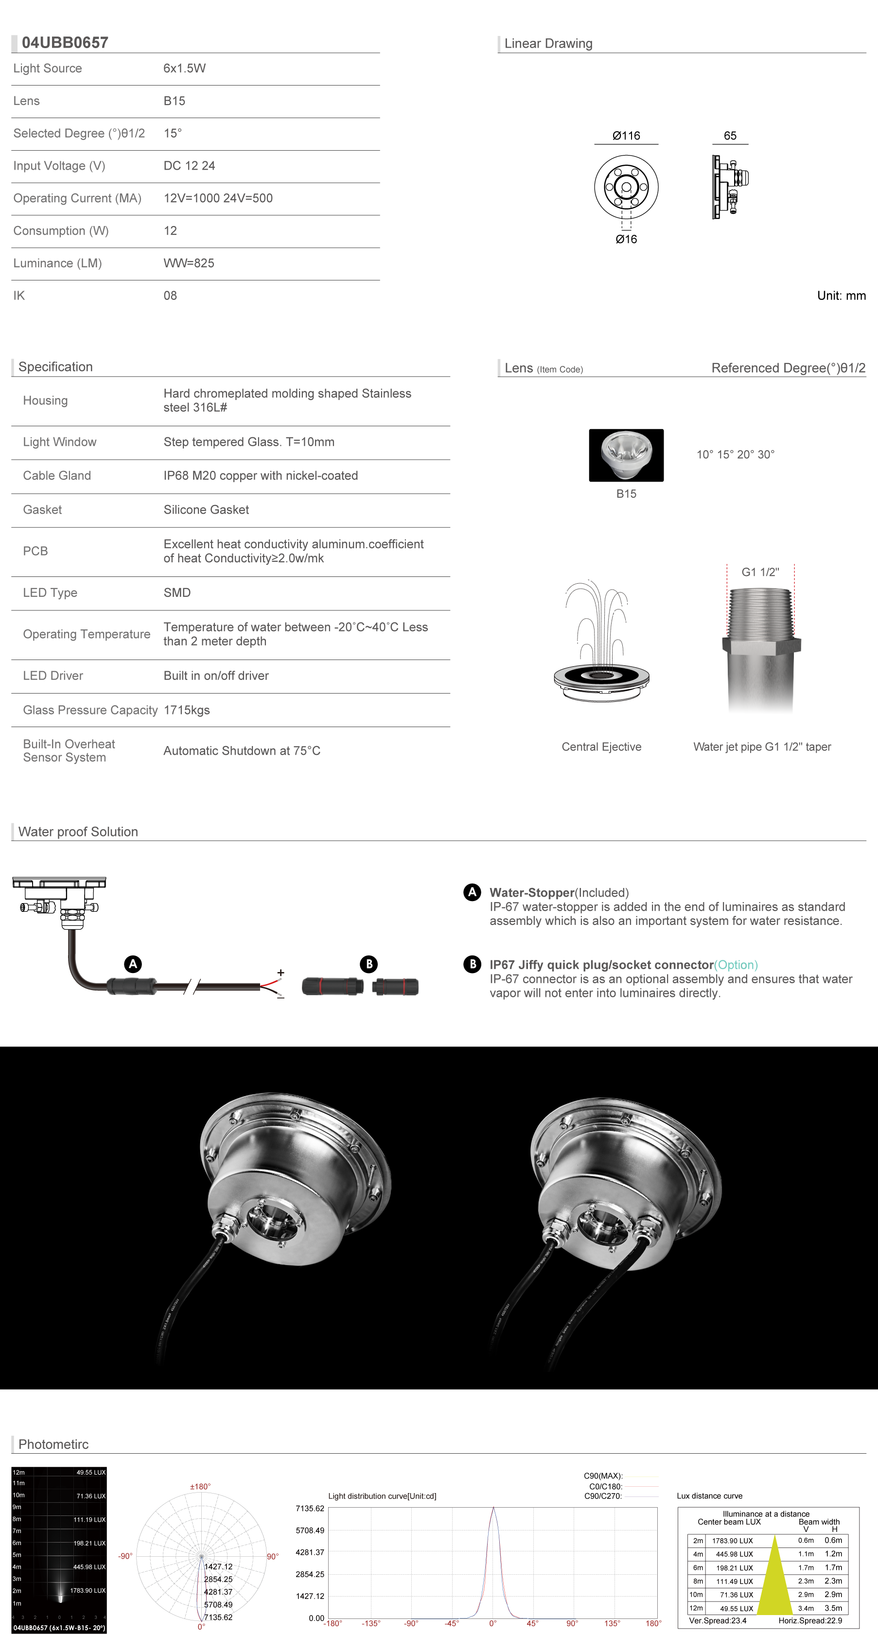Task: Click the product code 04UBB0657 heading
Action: coord(65,43)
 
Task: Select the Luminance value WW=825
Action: coord(189,263)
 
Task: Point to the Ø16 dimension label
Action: coord(626,239)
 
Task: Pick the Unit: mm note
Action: coord(841,296)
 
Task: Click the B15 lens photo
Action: coord(626,455)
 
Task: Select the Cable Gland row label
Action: coord(57,476)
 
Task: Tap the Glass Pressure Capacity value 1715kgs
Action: coord(187,710)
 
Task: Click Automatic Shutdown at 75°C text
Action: coord(242,750)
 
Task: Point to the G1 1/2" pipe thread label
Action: coord(760,572)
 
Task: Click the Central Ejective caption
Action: coord(601,747)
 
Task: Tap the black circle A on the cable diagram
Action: coord(133,964)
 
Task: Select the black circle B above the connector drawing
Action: coord(369,964)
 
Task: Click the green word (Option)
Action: coord(736,965)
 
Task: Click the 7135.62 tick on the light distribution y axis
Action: coord(310,1508)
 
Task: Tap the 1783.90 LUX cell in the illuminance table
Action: coord(733,1540)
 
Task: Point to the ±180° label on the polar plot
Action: coord(200,1487)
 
